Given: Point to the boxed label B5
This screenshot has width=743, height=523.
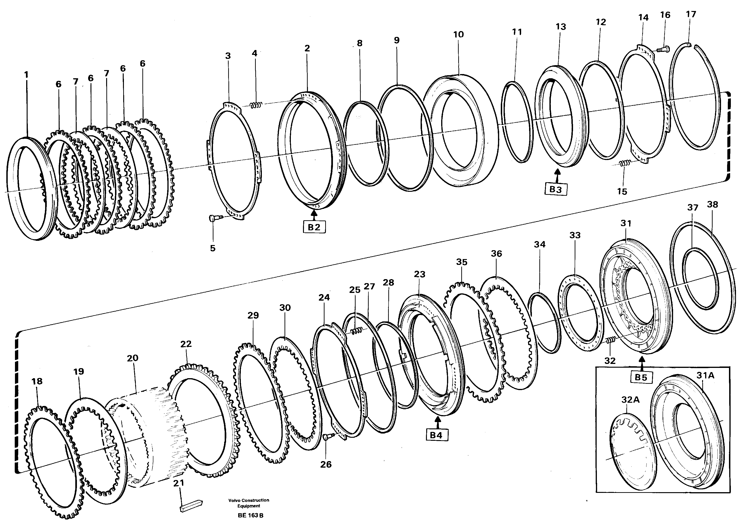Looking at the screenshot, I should (x=641, y=377).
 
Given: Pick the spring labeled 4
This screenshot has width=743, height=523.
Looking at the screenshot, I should (x=257, y=105).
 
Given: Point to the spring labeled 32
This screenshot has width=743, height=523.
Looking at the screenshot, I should (x=610, y=340).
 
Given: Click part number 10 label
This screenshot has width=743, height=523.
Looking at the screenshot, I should (x=458, y=35).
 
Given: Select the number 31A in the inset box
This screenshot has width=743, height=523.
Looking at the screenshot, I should (x=705, y=376).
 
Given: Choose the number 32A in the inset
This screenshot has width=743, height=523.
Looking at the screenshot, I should (x=630, y=400).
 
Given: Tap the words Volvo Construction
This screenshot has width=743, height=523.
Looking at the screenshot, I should (x=248, y=500).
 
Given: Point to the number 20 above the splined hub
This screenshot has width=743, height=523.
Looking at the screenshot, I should (x=132, y=358).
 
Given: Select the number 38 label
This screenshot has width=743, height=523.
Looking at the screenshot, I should (x=712, y=205).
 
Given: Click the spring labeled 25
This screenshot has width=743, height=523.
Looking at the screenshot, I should (x=356, y=331).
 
